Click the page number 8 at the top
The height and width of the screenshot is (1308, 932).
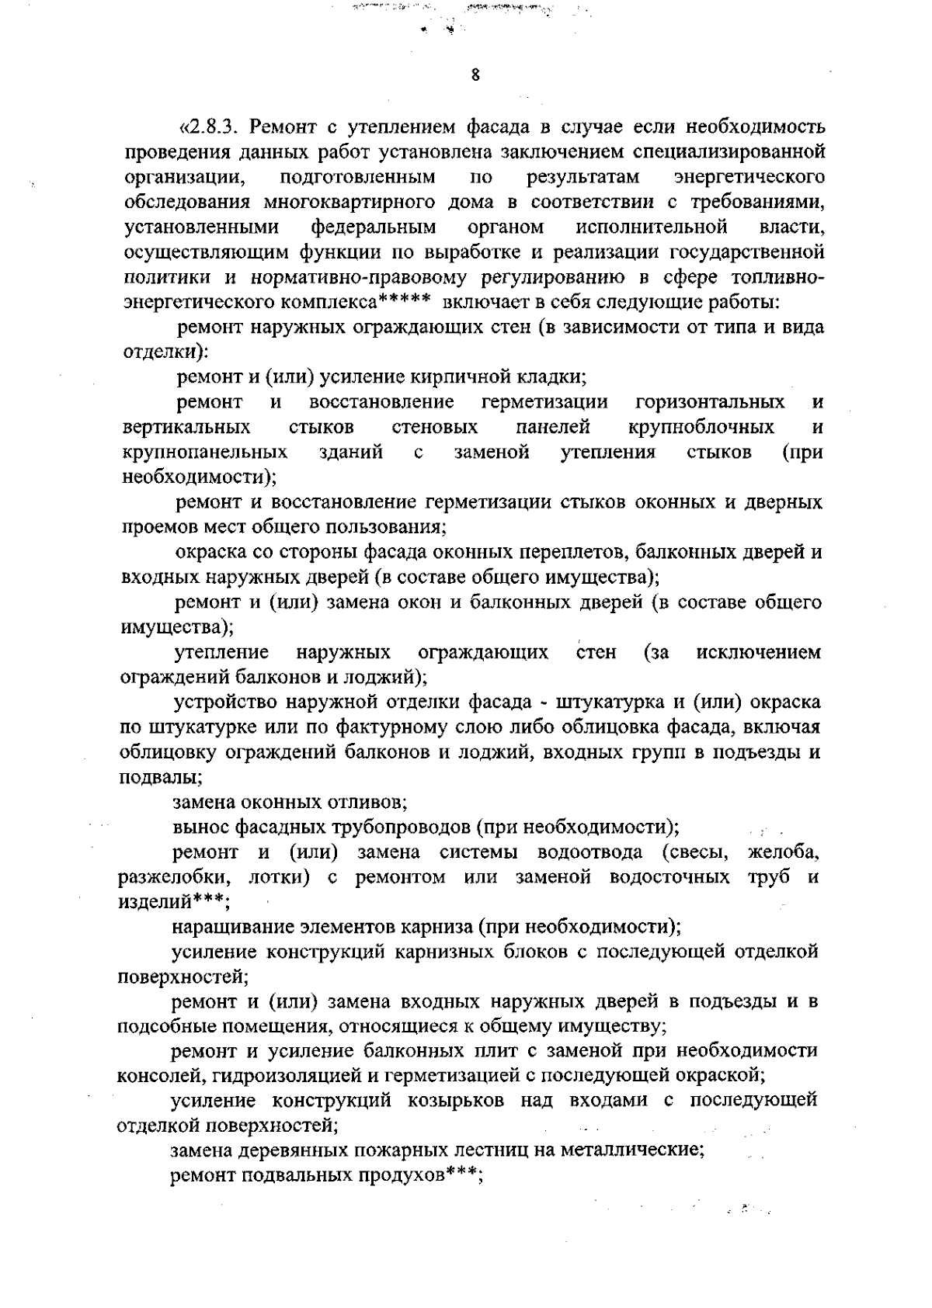click(475, 75)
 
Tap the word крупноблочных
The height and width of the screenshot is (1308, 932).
click(701, 428)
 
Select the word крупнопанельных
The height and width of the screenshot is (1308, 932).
click(205, 453)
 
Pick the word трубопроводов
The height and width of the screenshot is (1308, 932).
click(403, 827)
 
